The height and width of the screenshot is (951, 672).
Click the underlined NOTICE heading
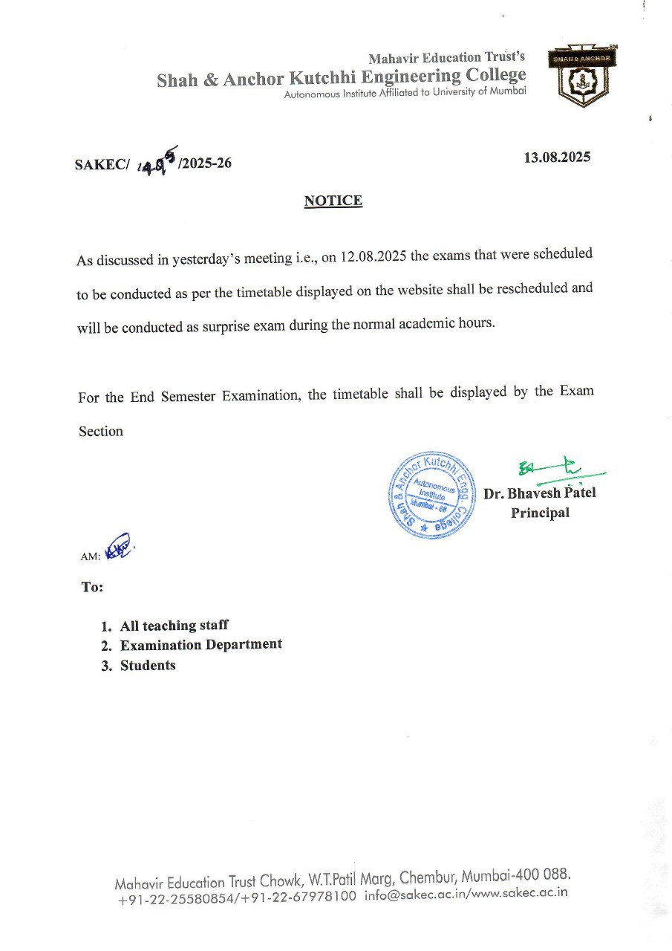pyautogui.click(x=333, y=201)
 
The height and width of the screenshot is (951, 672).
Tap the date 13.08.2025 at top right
pyautogui.click(x=557, y=158)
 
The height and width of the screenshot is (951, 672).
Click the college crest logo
pyautogui.click(x=583, y=77)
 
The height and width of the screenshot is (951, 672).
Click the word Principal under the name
pyautogui.click(x=540, y=513)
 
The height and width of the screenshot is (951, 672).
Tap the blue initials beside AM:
pyautogui.click(x=117, y=548)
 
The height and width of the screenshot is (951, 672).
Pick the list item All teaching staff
pyautogui.click(x=174, y=626)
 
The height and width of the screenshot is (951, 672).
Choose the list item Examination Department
pyautogui.click(x=200, y=645)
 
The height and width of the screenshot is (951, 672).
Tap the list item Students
pyautogui.click(x=148, y=665)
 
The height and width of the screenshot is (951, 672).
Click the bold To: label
pyautogui.click(x=92, y=587)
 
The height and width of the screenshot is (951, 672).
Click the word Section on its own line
pyautogui.click(x=101, y=431)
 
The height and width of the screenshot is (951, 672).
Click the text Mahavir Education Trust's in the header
pyautogui.click(x=447, y=57)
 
